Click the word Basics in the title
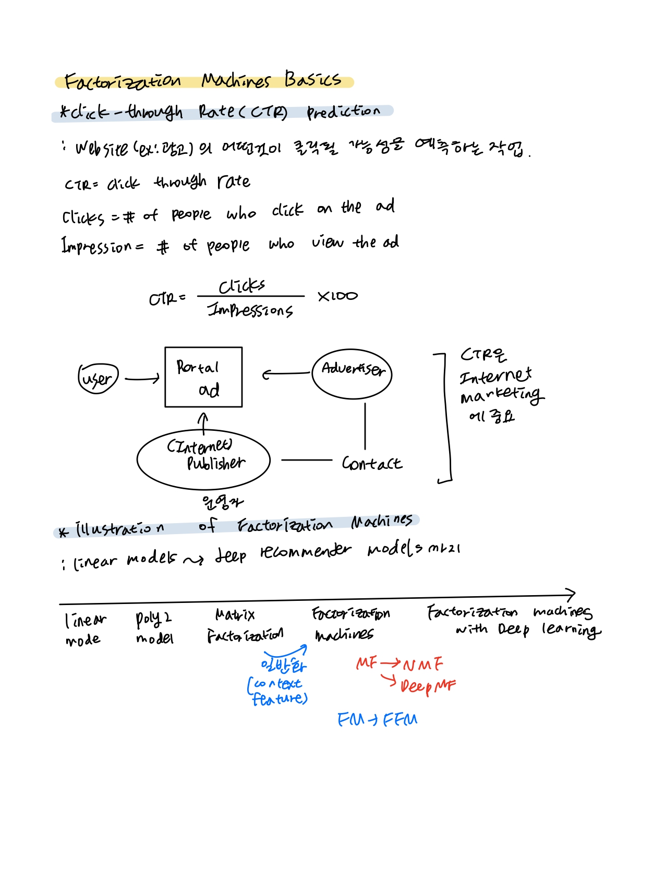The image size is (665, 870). [x=312, y=79]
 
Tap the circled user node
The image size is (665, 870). [x=98, y=378]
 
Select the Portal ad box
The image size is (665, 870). [x=203, y=377]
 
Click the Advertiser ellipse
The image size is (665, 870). [x=352, y=373]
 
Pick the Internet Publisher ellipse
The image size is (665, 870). [x=203, y=459]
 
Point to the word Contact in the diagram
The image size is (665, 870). [x=371, y=463]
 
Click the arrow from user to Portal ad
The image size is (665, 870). [x=142, y=379]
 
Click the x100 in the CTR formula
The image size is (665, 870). [x=337, y=296]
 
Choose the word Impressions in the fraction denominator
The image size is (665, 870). [x=250, y=310]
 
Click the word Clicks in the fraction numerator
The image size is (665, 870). [x=241, y=286]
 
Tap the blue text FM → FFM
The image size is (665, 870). [x=377, y=720]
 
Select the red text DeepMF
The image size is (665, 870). [x=428, y=685]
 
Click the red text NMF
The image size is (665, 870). [x=423, y=664]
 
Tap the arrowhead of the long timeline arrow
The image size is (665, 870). [x=572, y=595]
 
